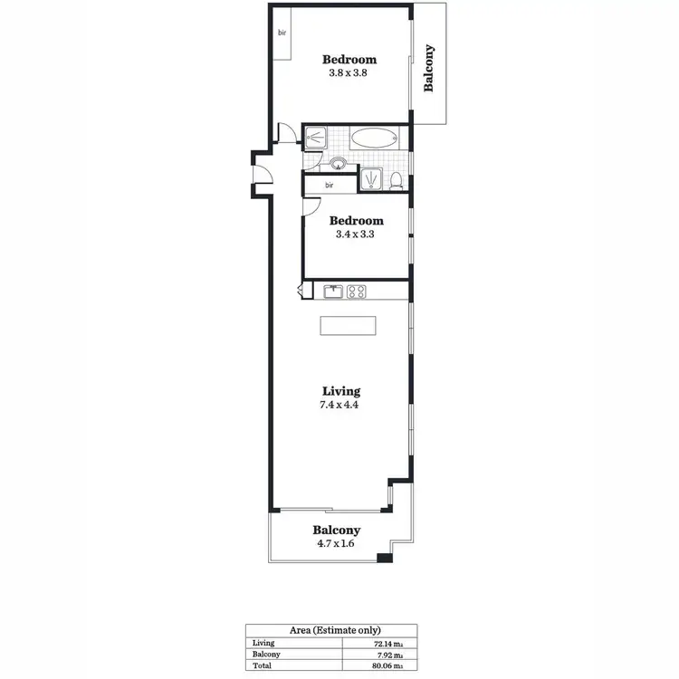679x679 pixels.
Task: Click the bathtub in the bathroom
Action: (374, 139)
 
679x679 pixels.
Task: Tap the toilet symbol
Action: (397, 179)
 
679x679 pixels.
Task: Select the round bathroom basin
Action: (339, 164)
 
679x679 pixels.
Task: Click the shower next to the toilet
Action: (371, 179)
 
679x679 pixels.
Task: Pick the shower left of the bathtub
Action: (317, 139)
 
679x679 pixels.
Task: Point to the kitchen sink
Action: (333, 292)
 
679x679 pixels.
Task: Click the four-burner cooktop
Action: (358, 292)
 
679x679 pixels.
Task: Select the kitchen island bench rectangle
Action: (348, 327)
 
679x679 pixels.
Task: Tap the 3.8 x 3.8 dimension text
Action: (349, 74)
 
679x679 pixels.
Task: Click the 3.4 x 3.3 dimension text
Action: (356, 234)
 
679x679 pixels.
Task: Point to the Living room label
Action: (341, 391)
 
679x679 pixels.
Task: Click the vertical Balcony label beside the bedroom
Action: (429, 68)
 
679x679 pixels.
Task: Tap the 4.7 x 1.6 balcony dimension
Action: (337, 544)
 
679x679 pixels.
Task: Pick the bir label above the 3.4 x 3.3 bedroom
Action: (329, 186)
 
